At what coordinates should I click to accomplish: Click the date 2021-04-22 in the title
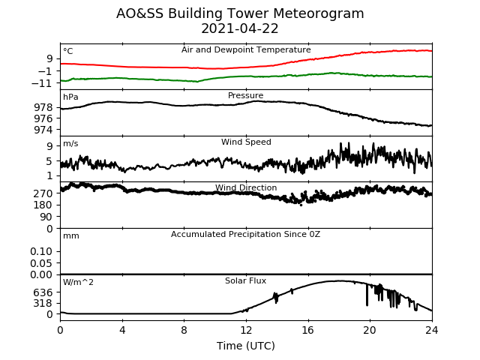click(240, 28)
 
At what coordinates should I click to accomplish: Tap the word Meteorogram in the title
click(318, 14)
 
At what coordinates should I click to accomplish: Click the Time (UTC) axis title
click(246, 346)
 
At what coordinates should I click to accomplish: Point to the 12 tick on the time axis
click(246, 330)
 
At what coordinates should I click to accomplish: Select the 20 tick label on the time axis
click(370, 330)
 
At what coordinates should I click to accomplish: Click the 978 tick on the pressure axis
click(43, 107)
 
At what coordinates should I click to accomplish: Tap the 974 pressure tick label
click(43, 130)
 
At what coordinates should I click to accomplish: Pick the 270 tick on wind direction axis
click(43, 193)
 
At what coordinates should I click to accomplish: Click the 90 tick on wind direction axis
click(46, 217)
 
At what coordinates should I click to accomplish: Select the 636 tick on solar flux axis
click(43, 292)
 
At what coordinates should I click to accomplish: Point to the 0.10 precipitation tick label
click(41, 251)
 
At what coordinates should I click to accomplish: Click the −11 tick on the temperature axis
click(42, 83)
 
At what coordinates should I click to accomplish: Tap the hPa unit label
click(70, 97)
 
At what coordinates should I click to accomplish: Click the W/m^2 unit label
click(78, 282)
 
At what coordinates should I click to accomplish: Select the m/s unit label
click(70, 143)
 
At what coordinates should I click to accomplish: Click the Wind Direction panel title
click(246, 187)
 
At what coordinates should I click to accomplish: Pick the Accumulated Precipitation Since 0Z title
click(245, 235)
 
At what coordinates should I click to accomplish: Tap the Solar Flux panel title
click(245, 280)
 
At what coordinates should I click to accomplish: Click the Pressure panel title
click(245, 95)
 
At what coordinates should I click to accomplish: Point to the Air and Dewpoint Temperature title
click(246, 50)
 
